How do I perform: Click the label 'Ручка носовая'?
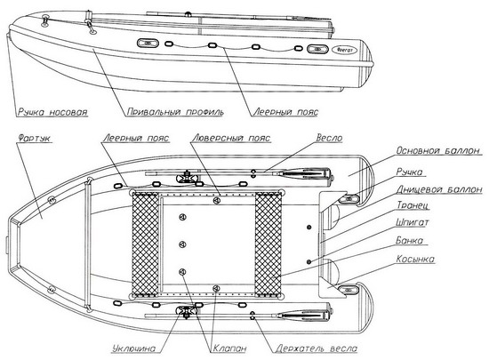[52, 112]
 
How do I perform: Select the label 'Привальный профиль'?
[175, 112]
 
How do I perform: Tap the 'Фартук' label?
[35, 138]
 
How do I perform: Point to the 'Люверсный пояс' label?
[231, 138]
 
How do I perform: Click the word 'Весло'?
[329, 138]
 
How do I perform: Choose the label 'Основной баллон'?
[438, 150]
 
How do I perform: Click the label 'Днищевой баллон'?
[439, 189]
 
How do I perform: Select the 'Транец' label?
[413, 205]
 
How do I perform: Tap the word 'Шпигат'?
[413, 222]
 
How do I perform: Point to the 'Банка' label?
[410, 240]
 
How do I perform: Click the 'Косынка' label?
[415, 259]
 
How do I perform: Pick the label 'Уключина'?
[134, 348]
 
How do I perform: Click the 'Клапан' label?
[229, 348]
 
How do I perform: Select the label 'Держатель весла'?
[317, 348]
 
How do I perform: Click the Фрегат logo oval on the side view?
[347, 50]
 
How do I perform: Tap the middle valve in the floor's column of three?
[183, 244]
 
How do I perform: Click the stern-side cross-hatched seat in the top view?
[269, 244]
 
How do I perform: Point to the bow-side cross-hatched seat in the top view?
[145, 244]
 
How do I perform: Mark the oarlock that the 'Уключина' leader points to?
[186, 311]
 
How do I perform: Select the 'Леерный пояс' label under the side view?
[285, 112]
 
